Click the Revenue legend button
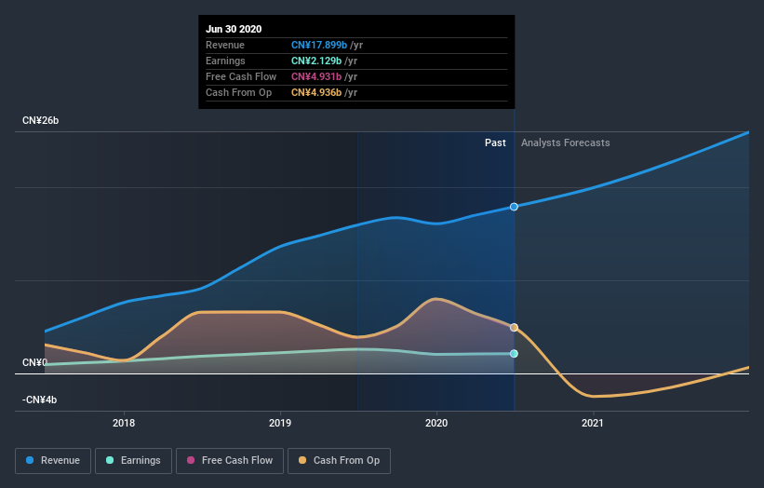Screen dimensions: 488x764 54,460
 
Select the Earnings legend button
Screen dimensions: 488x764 133,460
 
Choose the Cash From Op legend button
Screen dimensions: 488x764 339,460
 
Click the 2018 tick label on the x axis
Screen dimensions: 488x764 124,424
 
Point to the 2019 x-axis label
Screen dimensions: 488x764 280,424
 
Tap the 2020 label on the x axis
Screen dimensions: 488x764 436,424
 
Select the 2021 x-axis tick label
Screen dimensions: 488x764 593,424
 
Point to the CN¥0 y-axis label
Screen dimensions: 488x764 35,362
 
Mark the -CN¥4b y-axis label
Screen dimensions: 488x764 41,400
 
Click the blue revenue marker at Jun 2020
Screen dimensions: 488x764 514,207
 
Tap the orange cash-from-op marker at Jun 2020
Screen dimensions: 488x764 514,327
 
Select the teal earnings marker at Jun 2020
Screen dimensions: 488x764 514,354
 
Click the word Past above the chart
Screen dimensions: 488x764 495,142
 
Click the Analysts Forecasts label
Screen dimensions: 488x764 566,142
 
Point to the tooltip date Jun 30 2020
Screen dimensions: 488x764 234,29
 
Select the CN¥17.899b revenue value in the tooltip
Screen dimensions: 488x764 318,45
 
